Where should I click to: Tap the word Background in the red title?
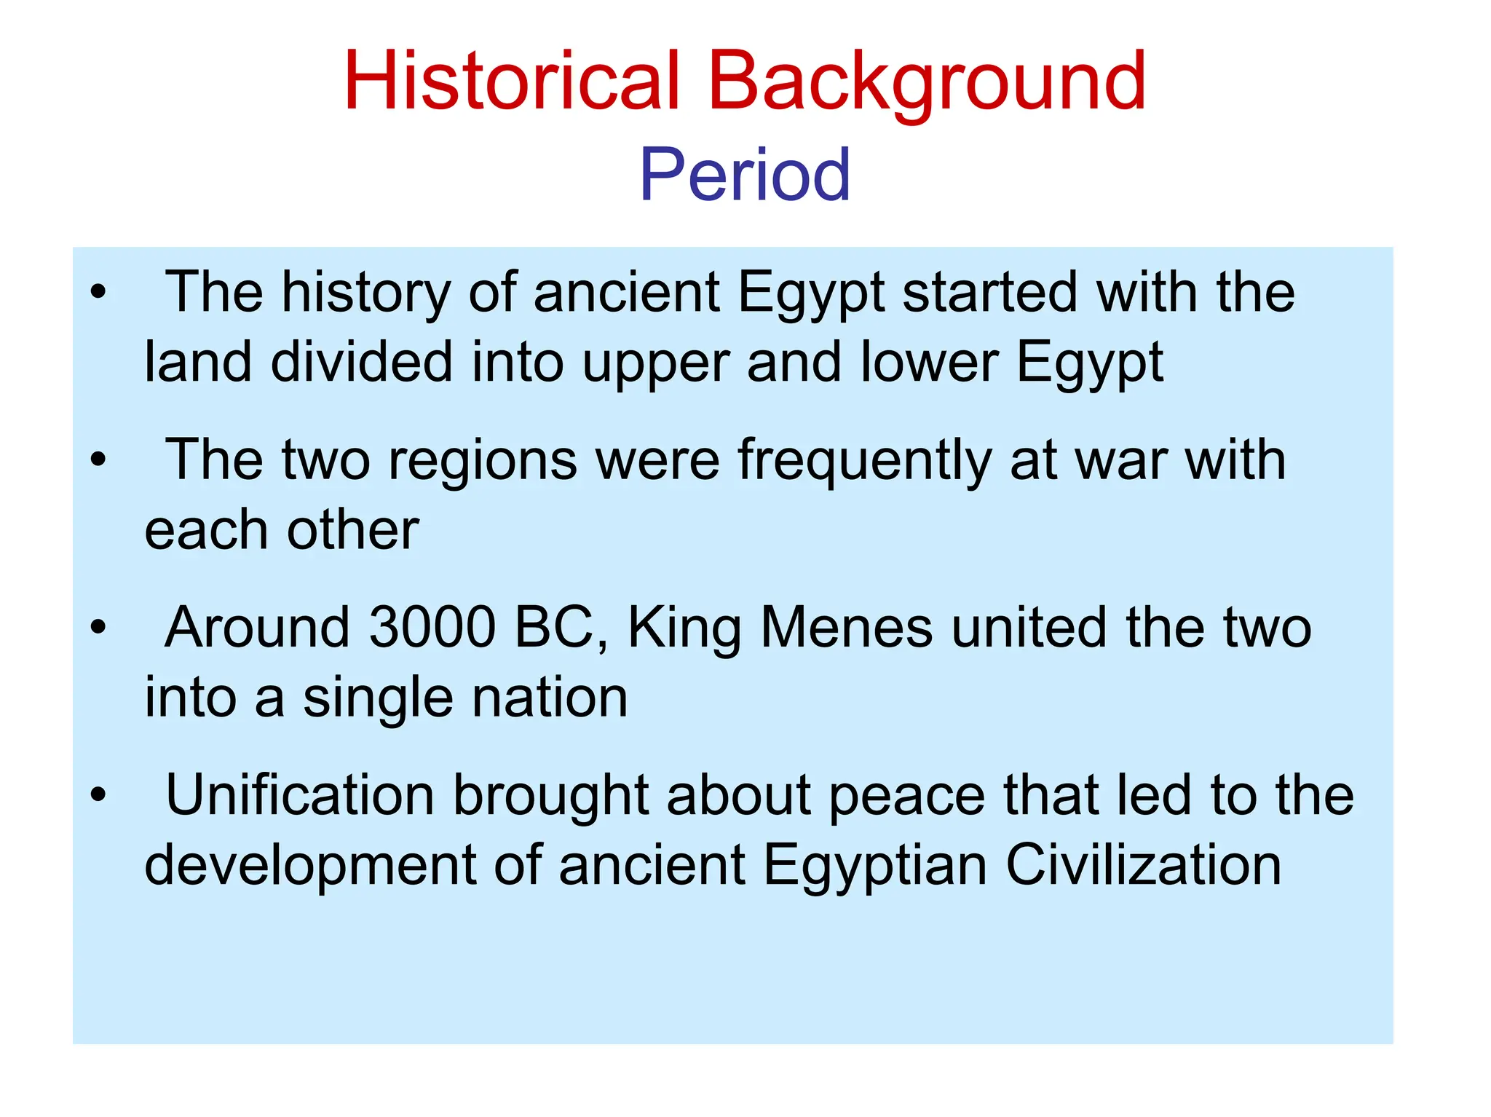point(927,82)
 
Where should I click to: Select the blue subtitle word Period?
point(745,175)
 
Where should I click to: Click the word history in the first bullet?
point(366,293)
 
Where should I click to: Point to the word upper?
point(656,363)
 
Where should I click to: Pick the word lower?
point(929,363)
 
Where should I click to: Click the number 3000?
point(432,627)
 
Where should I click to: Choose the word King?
point(684,628)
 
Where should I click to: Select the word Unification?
point(300,794)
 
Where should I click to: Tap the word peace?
point(907,794)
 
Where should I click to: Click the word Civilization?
point(1143,865)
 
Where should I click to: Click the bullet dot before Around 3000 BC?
point(98,628)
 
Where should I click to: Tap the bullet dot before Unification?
point(98,795)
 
